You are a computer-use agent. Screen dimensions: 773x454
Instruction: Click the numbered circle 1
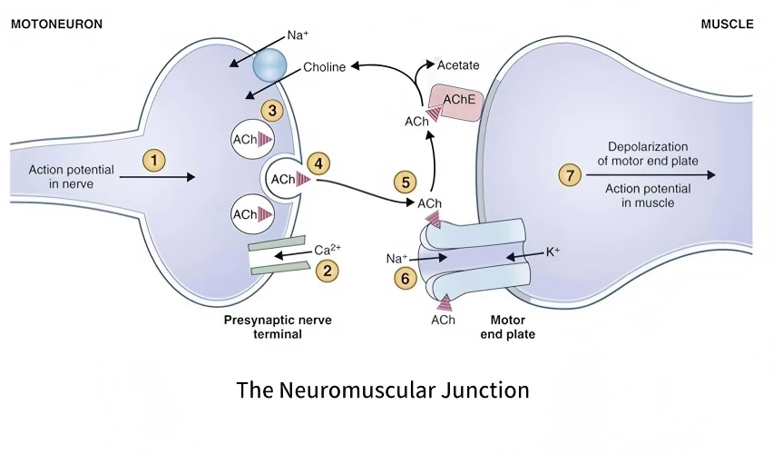pyautogui.click(x=154, y=161)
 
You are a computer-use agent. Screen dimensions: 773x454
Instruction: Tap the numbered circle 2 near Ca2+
pyautogui.click(x=327, y=271)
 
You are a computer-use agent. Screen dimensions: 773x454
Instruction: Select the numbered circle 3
pyautogui.click(x=272, y=111)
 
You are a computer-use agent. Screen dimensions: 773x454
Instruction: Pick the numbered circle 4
pyautogui.click(x=318, y=163)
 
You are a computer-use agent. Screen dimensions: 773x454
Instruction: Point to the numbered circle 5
pyautogui.click(x=406, y=183)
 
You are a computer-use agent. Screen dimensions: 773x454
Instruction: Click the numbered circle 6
pyautogui.click(x=406, y=279)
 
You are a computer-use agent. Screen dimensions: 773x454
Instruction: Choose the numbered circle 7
pyautogui.click(x=570, y=175)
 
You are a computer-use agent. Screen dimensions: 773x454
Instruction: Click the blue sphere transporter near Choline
pyautogui.click(x=269, y=65)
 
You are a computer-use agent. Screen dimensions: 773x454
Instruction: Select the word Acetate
pyautogui.click(x=458, y=65)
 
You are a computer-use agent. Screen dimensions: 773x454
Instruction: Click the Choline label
pyautogui.click(x=324, y=67)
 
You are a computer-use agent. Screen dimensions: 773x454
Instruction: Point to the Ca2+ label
pyautogui.click(x=328, y=249)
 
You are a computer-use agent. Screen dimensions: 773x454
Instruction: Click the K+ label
pyautogui.click(x=553, y=252)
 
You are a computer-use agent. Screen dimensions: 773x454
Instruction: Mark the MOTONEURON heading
pyautogui.click(x=56, y=25)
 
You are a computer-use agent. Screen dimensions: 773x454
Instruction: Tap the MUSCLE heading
pyautogui.click(x=727, y=25)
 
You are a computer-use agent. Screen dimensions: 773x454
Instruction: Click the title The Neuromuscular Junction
pyautogui.click(x=383, y=390)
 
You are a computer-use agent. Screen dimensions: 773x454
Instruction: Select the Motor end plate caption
pyautogui.click(x=508, y=327)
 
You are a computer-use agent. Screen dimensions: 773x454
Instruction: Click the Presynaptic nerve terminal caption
pyautogui.click(x=278, y=327)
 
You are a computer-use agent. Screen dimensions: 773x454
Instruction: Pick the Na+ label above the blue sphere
pyautogui.click(x=298, y=35)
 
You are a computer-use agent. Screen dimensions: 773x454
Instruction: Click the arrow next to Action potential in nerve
pyautogui.click(x=157, y=177)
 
